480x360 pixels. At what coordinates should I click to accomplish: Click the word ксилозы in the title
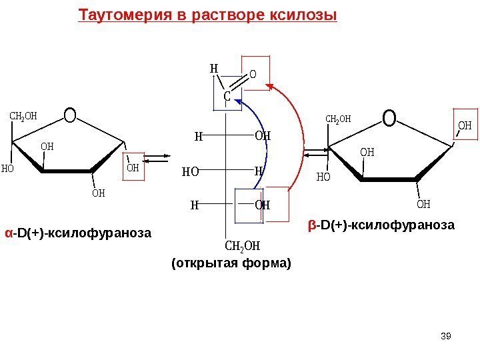[307, 15]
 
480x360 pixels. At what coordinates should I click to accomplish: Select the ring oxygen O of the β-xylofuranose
[389, 118]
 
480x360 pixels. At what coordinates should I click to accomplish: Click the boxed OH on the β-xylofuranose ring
[465, 124]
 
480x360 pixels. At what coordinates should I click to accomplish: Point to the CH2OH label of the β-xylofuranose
[338, 119]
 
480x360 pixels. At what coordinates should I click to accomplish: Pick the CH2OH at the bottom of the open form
[242, 247]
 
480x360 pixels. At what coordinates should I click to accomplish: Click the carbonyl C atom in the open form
[227, 97]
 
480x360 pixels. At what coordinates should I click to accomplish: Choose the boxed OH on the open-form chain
[262, 205]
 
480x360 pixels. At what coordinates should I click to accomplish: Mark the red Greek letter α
[9, 233]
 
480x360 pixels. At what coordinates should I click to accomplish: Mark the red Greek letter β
[312, 225]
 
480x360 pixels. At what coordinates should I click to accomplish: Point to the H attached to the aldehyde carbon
[213, 68]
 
